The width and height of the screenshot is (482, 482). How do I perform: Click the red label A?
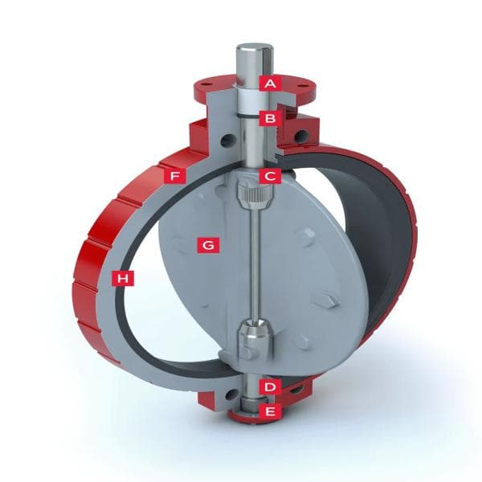pos(271,82)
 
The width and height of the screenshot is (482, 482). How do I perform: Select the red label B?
pos(271,118)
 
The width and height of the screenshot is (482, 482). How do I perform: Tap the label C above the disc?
pos(271,174)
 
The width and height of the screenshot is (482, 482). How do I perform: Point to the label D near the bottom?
pos(271,386)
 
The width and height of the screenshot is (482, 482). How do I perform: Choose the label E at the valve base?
pos(271,412)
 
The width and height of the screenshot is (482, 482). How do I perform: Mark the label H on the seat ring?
pos(123,278)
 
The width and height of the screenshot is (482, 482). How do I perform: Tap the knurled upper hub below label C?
pos(250,193)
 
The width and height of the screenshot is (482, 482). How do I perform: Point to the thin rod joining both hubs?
pos(251,265)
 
